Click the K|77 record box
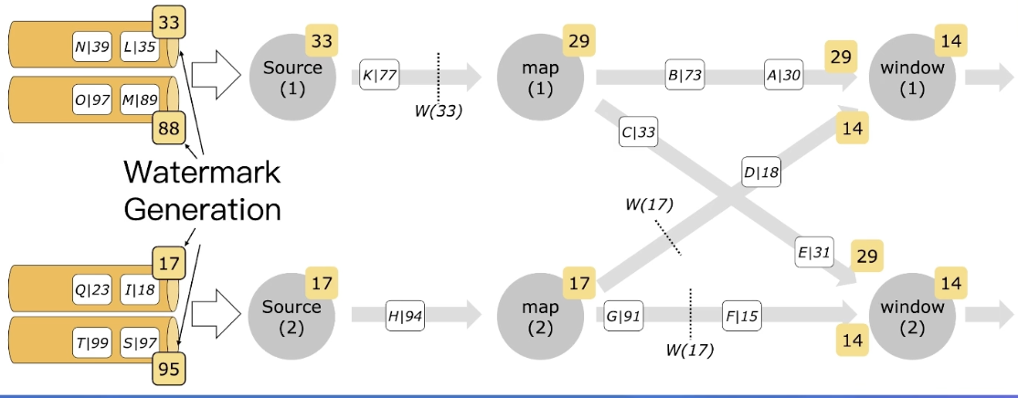[379, 76]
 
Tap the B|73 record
[684, 77]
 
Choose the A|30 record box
[783, 77]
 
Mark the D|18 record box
[761, 171]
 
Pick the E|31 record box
[813, 254]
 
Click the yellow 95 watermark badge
[167, 370]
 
